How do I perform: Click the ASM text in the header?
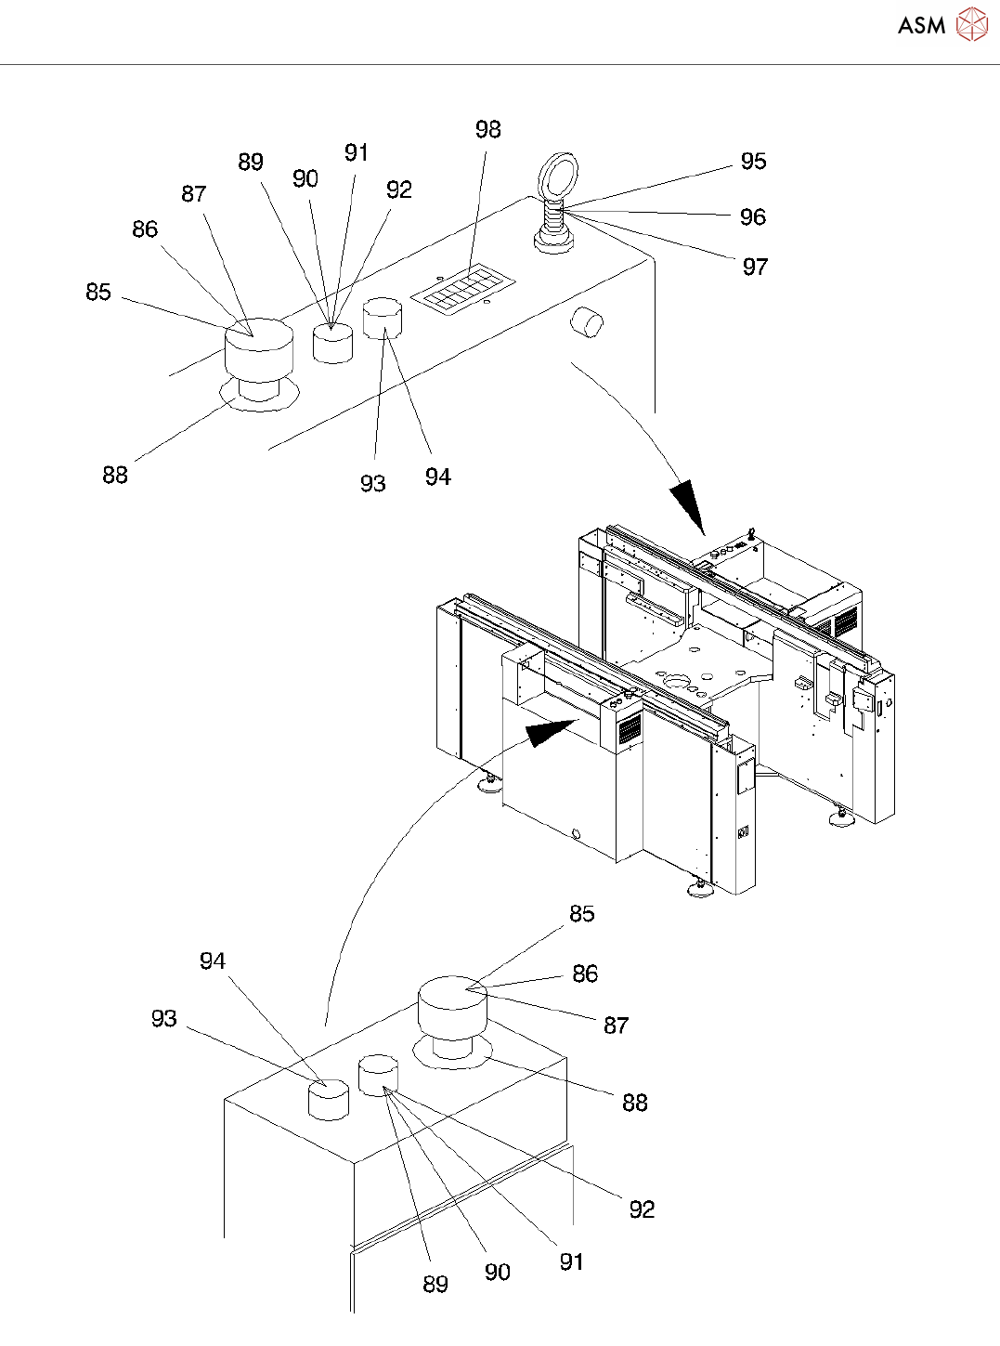pyautogui.click(x=921, y=25)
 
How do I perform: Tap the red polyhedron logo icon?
pyautogui.click(x=972, y=24)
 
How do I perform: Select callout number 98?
pyautogui.click(x=487, y=129)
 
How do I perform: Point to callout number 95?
pyautogui.click(x=753, y=162)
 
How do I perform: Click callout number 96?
pyautogui.click(x=752, y=216)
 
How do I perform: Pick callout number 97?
pyautogui.click(x=755, y=267)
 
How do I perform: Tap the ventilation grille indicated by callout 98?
pyautogui.click(x=463, y=290)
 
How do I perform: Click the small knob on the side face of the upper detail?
pyautogui.click(x=587, y=321)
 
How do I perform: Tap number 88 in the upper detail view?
pyautogui.click(x=115, y=476)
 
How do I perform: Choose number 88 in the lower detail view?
pyautogui.click(x=635, y=1103)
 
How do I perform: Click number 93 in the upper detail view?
pyautogui.click(x=372, y=484)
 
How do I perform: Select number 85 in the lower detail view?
pyautogui.click(x=582, y=913)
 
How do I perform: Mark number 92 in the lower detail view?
pyautogui.click(x=642, y=1209)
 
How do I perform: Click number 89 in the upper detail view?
pyautogui.click(x=251, y=162)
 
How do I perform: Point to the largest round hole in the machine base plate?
pyautogui.click(x=679, y=682)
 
